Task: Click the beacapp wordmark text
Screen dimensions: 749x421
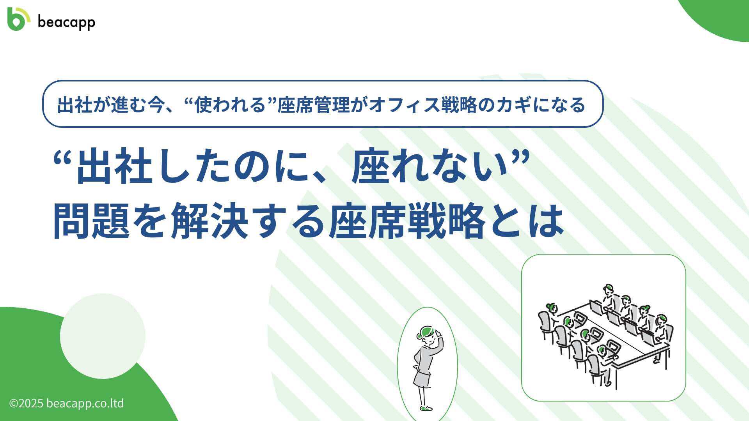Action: pyautogui.click(x=66, y=22)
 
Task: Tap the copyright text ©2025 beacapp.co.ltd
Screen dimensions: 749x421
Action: pyautogui.click(x=66, y=403)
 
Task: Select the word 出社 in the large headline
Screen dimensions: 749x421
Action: pyautogui.click(x=114, y=166)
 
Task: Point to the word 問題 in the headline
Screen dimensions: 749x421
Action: pyautogui.click(x=91, y=221)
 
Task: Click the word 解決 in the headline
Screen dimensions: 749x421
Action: pyautogui.click(x=210, y=221)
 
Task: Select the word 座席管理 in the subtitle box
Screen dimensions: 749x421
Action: pyautogui.click(x=314, y=105)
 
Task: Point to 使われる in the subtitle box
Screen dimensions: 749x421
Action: pyautogui.click(x=230, y=105)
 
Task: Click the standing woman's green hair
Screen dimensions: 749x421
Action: pyautogui.click(x=426, y=333)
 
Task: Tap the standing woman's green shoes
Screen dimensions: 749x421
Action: pyautogui.click(x=426, y=409)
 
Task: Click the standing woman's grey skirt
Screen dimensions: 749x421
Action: pyautogui.click(x=422, y=379)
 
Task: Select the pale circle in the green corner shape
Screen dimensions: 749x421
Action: pyautogui.click(x=103, y=336)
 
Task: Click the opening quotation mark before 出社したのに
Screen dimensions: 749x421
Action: pyautogui.click(x=62, y=158)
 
